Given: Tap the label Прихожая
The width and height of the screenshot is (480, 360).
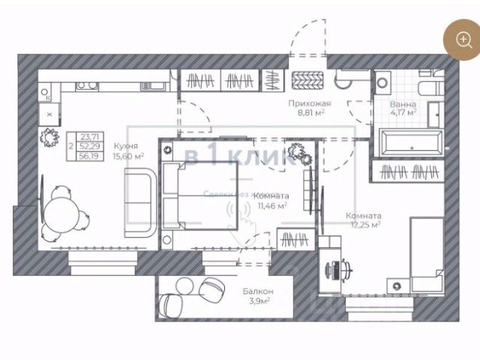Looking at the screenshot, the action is click(309, 103).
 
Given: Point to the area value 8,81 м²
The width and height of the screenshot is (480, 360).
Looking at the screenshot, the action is click(309, 114).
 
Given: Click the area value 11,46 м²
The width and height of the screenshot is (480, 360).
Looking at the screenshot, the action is click(271, 205).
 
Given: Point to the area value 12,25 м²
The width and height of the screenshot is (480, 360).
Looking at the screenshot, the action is click(363, 223).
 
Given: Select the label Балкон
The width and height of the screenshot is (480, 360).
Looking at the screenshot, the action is click(257, 291).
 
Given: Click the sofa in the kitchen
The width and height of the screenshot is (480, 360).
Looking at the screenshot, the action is click(139, 202).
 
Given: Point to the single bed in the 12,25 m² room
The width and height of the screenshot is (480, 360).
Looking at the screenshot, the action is click(428, 255).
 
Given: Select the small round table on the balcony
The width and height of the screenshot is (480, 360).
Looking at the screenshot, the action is click(183, 285).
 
